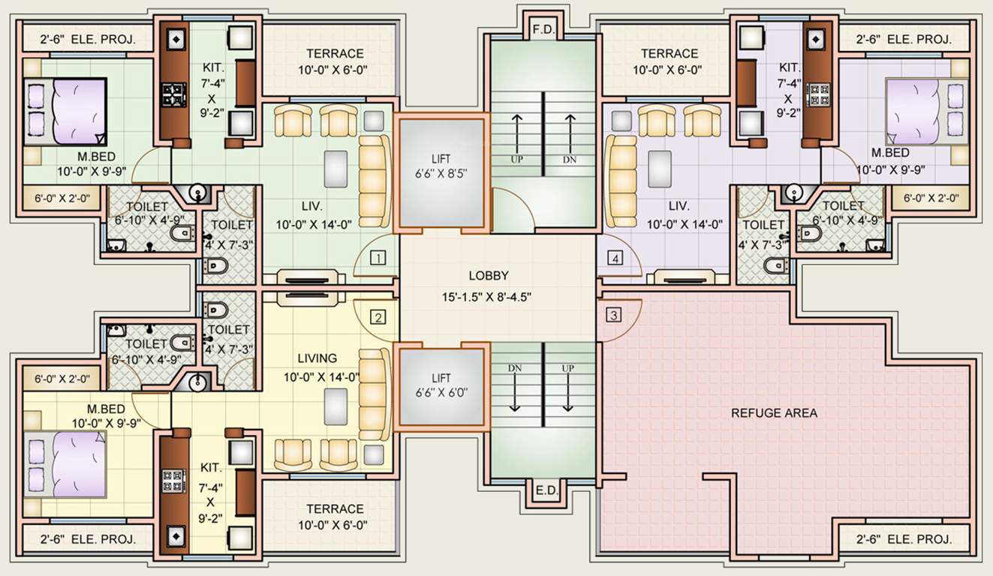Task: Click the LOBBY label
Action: [x=489, y=275]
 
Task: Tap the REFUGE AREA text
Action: [x=774, y=413]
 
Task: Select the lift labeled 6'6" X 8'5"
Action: [x=441, y=171]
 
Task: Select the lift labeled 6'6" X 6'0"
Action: [x=441, y=386]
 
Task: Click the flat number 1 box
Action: [x=378, y=259]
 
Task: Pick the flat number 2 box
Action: [x=378, y=317]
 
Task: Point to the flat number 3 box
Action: [x=614, y=316]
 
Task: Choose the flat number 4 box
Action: [x=615, y=259]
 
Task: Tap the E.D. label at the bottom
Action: [x=546, y=491]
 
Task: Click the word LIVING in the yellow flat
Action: [x=317, y=358]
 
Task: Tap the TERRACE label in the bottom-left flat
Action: [x=335, y=508]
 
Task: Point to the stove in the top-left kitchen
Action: [x=174, y=96]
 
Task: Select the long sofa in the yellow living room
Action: [x=374, y=392]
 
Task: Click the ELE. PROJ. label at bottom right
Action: [x=904, y=539]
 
